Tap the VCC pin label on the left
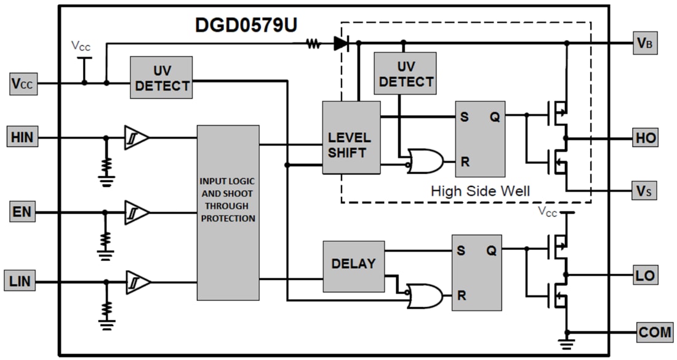point(23,83)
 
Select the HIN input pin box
point(23,137)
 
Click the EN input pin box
point(23,213)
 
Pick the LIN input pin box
point(23,282)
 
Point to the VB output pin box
point(645,44)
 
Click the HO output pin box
point(646,138)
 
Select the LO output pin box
point(646,274)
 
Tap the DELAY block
point(353,264)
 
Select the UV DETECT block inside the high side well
point(405,73)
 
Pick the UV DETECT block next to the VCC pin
point(161,78)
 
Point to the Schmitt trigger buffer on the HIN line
point(136,137)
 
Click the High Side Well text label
point(480,191)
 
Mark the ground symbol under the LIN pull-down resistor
point(106,323)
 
